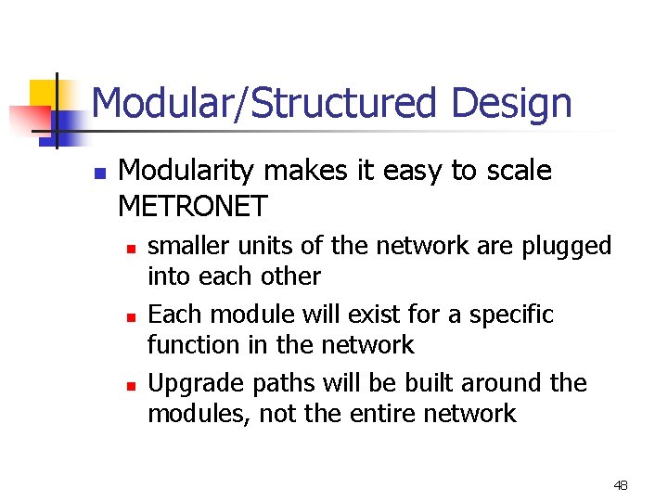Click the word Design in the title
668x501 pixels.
[511, 104]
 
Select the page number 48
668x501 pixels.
[621, 485]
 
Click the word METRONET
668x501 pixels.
[193, 205]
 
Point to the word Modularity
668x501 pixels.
[189, 171]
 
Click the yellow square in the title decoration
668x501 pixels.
[43, 94]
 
